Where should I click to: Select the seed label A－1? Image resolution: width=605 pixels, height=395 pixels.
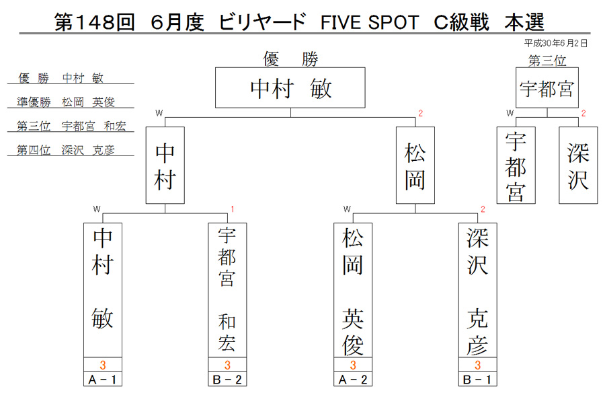pos(103,380)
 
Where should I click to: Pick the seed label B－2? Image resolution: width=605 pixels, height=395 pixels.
pos(227,380)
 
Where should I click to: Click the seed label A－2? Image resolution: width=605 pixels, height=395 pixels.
pos(353,380)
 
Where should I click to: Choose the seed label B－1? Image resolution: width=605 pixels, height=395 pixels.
pos(478,380)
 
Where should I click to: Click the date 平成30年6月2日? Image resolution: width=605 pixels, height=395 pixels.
pos(556,43)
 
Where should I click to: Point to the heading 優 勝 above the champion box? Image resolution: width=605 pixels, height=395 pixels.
pos(290,59)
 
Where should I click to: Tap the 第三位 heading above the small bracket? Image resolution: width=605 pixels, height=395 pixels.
pos(547,61)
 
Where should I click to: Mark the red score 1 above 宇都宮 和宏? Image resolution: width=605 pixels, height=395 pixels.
pos(233,209)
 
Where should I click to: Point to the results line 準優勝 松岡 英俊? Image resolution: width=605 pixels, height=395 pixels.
pos(66,102)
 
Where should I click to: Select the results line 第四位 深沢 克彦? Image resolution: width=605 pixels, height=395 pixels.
pos(66,150)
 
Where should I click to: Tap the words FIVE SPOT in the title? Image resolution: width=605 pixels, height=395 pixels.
pos(370,22)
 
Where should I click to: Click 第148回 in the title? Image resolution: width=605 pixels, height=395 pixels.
pos(95,22)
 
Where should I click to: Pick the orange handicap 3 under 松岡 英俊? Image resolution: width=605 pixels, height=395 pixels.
pos(353,365)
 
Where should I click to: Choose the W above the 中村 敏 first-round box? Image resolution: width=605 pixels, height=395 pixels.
pos(96,209)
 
